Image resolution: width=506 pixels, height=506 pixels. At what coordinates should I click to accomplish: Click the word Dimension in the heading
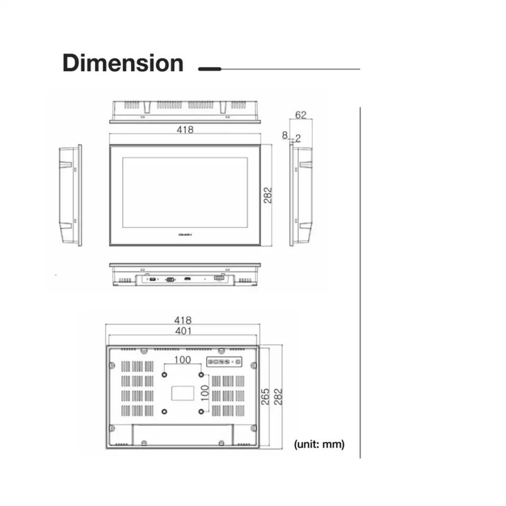[123, 63]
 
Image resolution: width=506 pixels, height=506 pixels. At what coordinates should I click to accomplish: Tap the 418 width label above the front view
[185, 130]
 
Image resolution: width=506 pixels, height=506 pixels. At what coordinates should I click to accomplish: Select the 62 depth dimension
[300, 114]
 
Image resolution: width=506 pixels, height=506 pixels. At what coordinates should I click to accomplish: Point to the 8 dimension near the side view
[285, 136]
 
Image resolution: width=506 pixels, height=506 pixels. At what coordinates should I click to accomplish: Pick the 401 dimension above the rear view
[183, 331]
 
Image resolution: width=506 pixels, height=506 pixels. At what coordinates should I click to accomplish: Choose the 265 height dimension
[266, 396]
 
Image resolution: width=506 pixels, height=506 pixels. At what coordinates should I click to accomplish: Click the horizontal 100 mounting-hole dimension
[182, 361]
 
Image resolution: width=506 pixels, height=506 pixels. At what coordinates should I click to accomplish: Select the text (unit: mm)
[319, 444]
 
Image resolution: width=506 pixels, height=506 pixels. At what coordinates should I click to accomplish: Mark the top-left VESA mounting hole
[164, 374]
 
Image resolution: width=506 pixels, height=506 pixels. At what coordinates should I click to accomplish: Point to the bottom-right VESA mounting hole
[201, 411]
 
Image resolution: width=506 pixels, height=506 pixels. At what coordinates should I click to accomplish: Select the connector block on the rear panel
[224, 362]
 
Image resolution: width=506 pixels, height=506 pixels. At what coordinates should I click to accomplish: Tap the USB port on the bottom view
[151, 279]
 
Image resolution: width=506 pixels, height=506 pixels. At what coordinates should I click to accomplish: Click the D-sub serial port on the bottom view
[170, 279]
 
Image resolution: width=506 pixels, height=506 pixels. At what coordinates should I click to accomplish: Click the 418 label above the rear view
[183, 320]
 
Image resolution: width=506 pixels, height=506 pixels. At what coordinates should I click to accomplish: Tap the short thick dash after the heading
[209, 69]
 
